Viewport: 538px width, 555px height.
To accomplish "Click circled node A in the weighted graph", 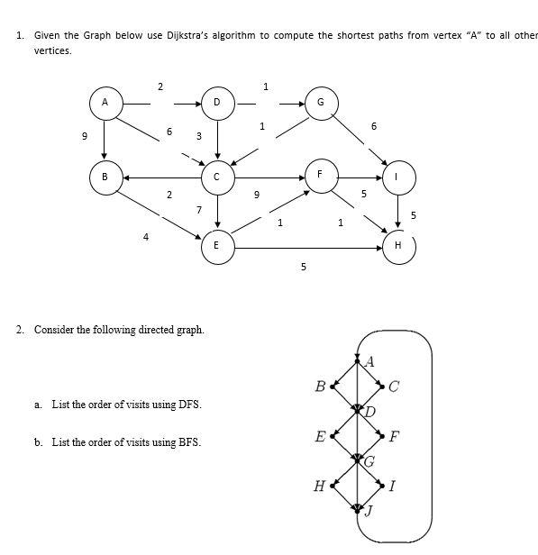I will coord(105,103).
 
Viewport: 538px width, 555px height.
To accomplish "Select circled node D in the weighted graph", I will coord(217,103).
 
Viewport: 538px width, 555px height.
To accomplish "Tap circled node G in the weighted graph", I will coord(320,103).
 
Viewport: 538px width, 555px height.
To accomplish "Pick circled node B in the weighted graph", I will coord(105,177).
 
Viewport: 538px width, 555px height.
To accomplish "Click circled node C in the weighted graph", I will coord(217,177).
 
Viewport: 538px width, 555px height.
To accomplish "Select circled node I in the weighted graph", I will coord(399,177).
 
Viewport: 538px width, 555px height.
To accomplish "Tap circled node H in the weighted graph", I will coord(399,245).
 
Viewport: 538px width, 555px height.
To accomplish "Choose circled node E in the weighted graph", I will coord(217,245).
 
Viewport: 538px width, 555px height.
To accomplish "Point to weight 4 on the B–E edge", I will coord(146,237).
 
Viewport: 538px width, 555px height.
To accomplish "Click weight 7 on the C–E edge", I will coord(198,209).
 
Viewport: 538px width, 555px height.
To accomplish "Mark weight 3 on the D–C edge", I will coord(198,136).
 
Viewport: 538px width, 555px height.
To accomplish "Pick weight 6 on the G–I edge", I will coord(373,126).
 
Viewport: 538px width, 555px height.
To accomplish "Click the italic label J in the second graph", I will coord(369,511).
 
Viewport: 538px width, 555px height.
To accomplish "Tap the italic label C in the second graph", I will coord(394,388).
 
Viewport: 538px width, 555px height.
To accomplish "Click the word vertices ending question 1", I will coord(52,51).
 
